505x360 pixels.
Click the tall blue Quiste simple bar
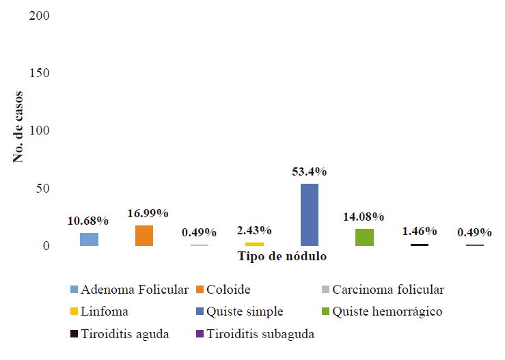point(309,214)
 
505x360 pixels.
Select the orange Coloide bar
point(144,236)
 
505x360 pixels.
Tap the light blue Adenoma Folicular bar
point(89,239)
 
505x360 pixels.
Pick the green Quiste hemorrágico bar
point(364,237)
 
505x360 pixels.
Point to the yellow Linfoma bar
point(254,244)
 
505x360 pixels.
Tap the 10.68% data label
point(88,221)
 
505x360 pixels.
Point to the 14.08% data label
point(364,217)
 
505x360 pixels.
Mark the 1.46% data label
point(419,232)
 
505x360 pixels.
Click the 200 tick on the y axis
point(40,15)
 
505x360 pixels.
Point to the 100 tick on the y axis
point(40,130)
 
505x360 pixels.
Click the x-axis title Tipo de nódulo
point(282,257)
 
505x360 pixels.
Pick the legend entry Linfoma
point(105,312)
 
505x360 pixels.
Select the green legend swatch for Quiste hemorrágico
point(326,312)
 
